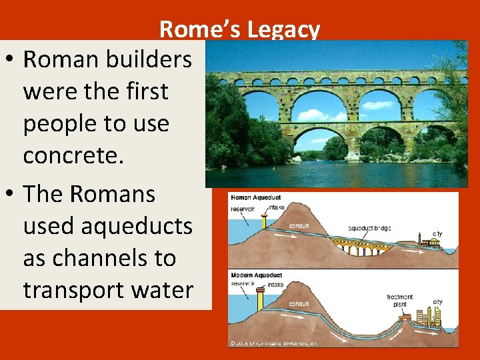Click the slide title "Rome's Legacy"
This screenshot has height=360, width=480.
click(x=239, y=30)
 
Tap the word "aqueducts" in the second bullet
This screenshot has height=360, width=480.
click(x=107, y=226)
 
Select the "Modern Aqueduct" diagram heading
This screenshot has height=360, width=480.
click(x=256, y=275)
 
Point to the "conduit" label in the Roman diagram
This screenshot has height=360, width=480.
click(x=298, y=225)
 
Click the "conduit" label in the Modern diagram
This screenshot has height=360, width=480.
click(x=298, y=305)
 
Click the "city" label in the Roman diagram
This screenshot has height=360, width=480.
click(x=437, y=234)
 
